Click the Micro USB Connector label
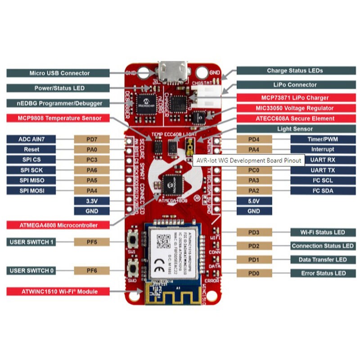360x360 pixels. (58, 73)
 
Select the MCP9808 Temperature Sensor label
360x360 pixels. (58, 118)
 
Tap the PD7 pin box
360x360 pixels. (92, 139)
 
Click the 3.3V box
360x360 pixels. (92, 201)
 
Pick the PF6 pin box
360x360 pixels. (92, 270)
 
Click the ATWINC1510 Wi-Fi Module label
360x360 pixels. (58, 291)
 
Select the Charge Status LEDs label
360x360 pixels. (295, 71)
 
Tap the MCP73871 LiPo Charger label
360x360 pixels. (295, 98)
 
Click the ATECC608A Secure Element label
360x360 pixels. (295, 119)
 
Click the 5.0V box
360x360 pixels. (253, 201)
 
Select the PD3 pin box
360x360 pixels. (253, 232)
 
